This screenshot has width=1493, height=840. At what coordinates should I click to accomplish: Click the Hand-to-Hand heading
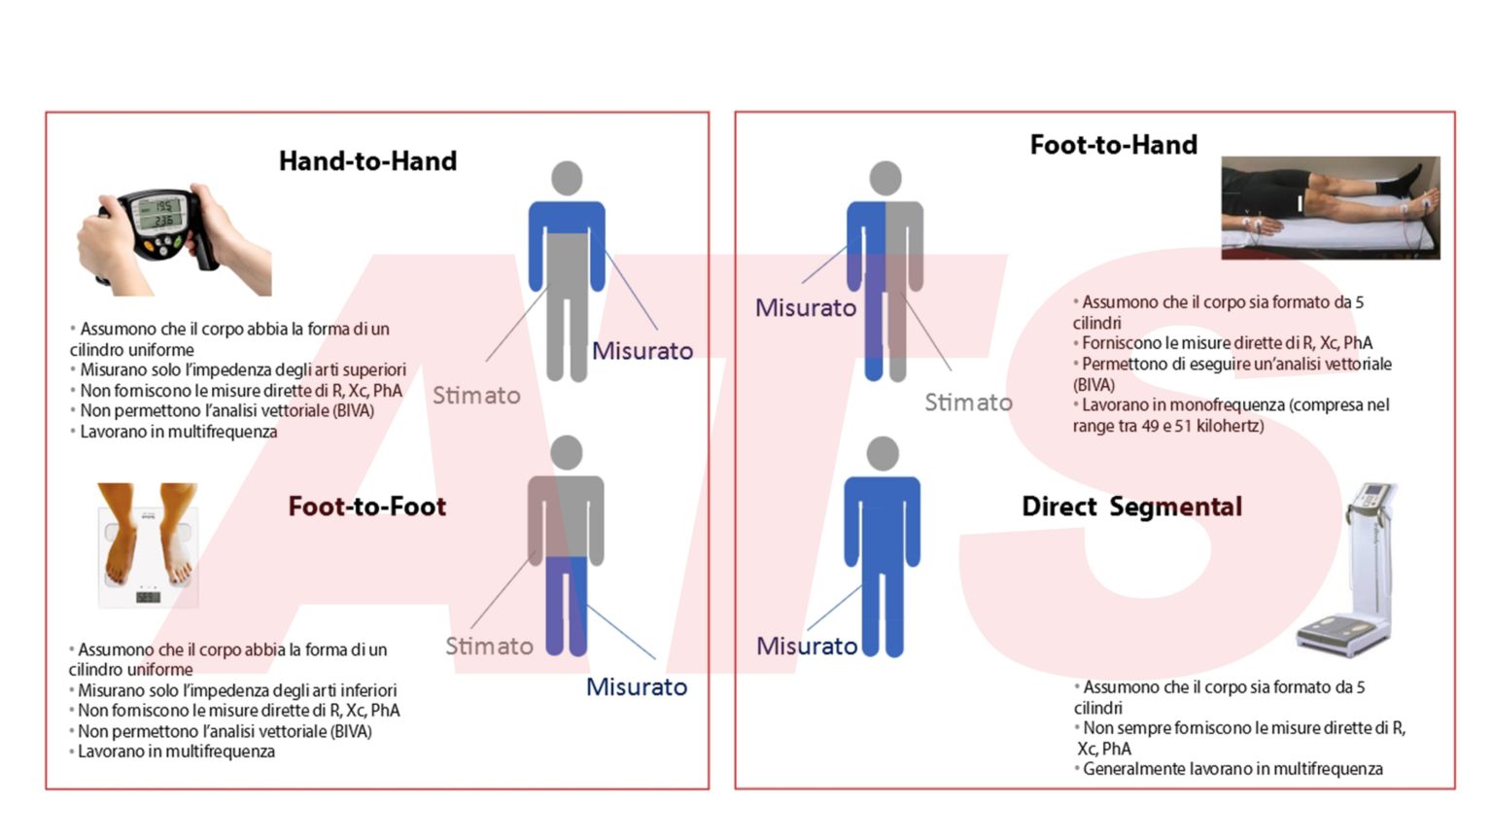[368, 161]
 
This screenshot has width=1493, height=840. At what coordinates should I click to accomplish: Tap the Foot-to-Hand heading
[1114, 145]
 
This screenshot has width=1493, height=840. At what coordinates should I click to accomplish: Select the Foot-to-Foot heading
[367, 507]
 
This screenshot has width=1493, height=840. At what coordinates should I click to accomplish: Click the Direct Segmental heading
[1131, 507]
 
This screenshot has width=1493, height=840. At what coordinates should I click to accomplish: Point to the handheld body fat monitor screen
[158, 213]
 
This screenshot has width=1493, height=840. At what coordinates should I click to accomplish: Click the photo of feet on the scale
[148, 544]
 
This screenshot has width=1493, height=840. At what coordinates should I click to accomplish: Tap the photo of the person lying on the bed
[1331, 208]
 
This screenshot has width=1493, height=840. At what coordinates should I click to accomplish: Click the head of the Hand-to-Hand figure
[567, 178]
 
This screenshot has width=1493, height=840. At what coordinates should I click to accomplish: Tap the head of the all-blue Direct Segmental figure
[883, 453]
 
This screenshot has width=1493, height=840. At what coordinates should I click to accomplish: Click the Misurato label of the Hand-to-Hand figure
[642, 351]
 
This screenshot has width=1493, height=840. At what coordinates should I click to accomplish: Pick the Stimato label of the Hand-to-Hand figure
[476, 396]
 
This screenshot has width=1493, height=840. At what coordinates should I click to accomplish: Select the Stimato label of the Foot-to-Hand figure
[968, 402]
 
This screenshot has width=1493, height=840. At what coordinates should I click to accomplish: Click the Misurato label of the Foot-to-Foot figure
[637, 686]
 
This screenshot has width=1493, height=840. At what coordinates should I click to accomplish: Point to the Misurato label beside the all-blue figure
[807, 646]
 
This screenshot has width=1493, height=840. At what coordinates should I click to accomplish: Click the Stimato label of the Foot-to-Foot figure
[489, 646]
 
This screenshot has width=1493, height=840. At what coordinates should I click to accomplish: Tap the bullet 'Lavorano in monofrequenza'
[1232, 415]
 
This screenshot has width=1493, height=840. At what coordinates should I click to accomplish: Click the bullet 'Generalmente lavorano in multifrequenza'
[1228, 769]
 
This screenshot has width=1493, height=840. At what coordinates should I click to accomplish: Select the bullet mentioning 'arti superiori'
[238, 369]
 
